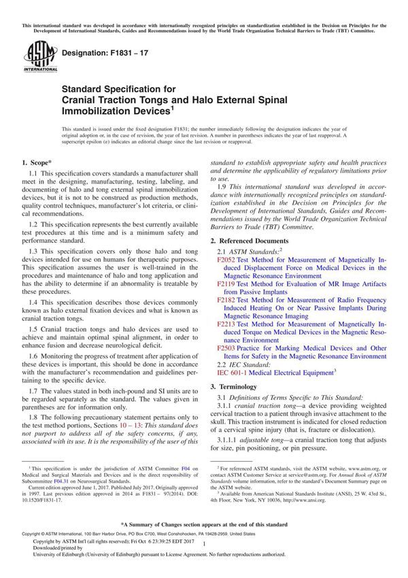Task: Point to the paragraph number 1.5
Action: coord(34,328)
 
